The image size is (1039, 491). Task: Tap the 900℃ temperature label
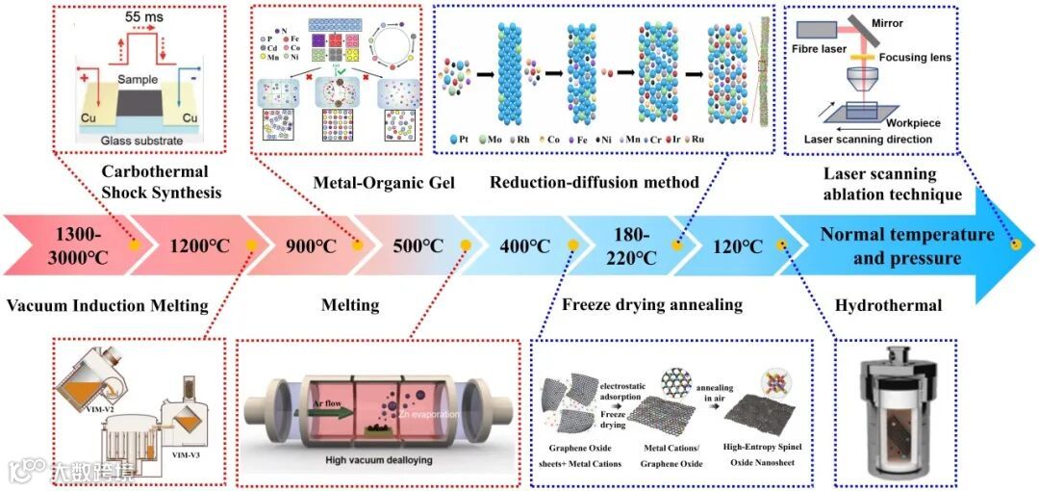[x=309, y=245]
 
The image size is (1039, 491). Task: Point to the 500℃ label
[x=418, y=245]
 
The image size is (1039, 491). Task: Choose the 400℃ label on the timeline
[x=524, y=245]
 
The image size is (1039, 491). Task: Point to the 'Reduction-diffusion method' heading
[x=594, y=182]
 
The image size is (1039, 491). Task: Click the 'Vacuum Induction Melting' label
[x=107, y=306]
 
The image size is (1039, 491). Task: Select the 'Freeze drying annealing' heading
[x=652, y=305]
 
